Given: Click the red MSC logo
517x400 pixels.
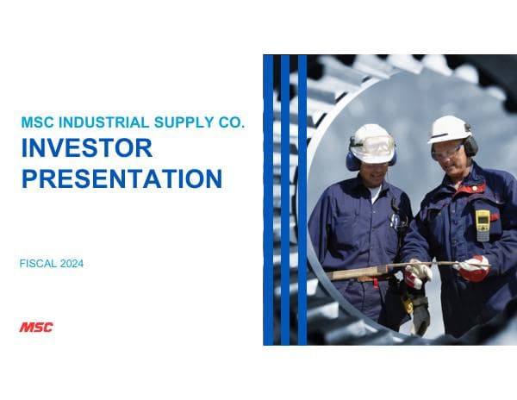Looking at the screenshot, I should pos(36,327).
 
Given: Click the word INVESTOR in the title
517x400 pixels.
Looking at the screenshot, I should pos(86,148).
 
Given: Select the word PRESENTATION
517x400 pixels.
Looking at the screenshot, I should pos(121,178).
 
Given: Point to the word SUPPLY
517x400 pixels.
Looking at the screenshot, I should pos(183,123).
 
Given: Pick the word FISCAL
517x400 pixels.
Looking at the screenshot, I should pos(37,264).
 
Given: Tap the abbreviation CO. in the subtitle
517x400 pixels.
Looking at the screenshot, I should pos(230,123).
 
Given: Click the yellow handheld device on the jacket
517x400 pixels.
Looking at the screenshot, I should pos(483,224).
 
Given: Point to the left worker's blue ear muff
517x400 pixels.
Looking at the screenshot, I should pos(352,160).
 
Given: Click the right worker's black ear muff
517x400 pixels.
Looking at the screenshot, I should pos(470,147).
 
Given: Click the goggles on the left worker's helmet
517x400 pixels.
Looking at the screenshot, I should pos(373,145).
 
